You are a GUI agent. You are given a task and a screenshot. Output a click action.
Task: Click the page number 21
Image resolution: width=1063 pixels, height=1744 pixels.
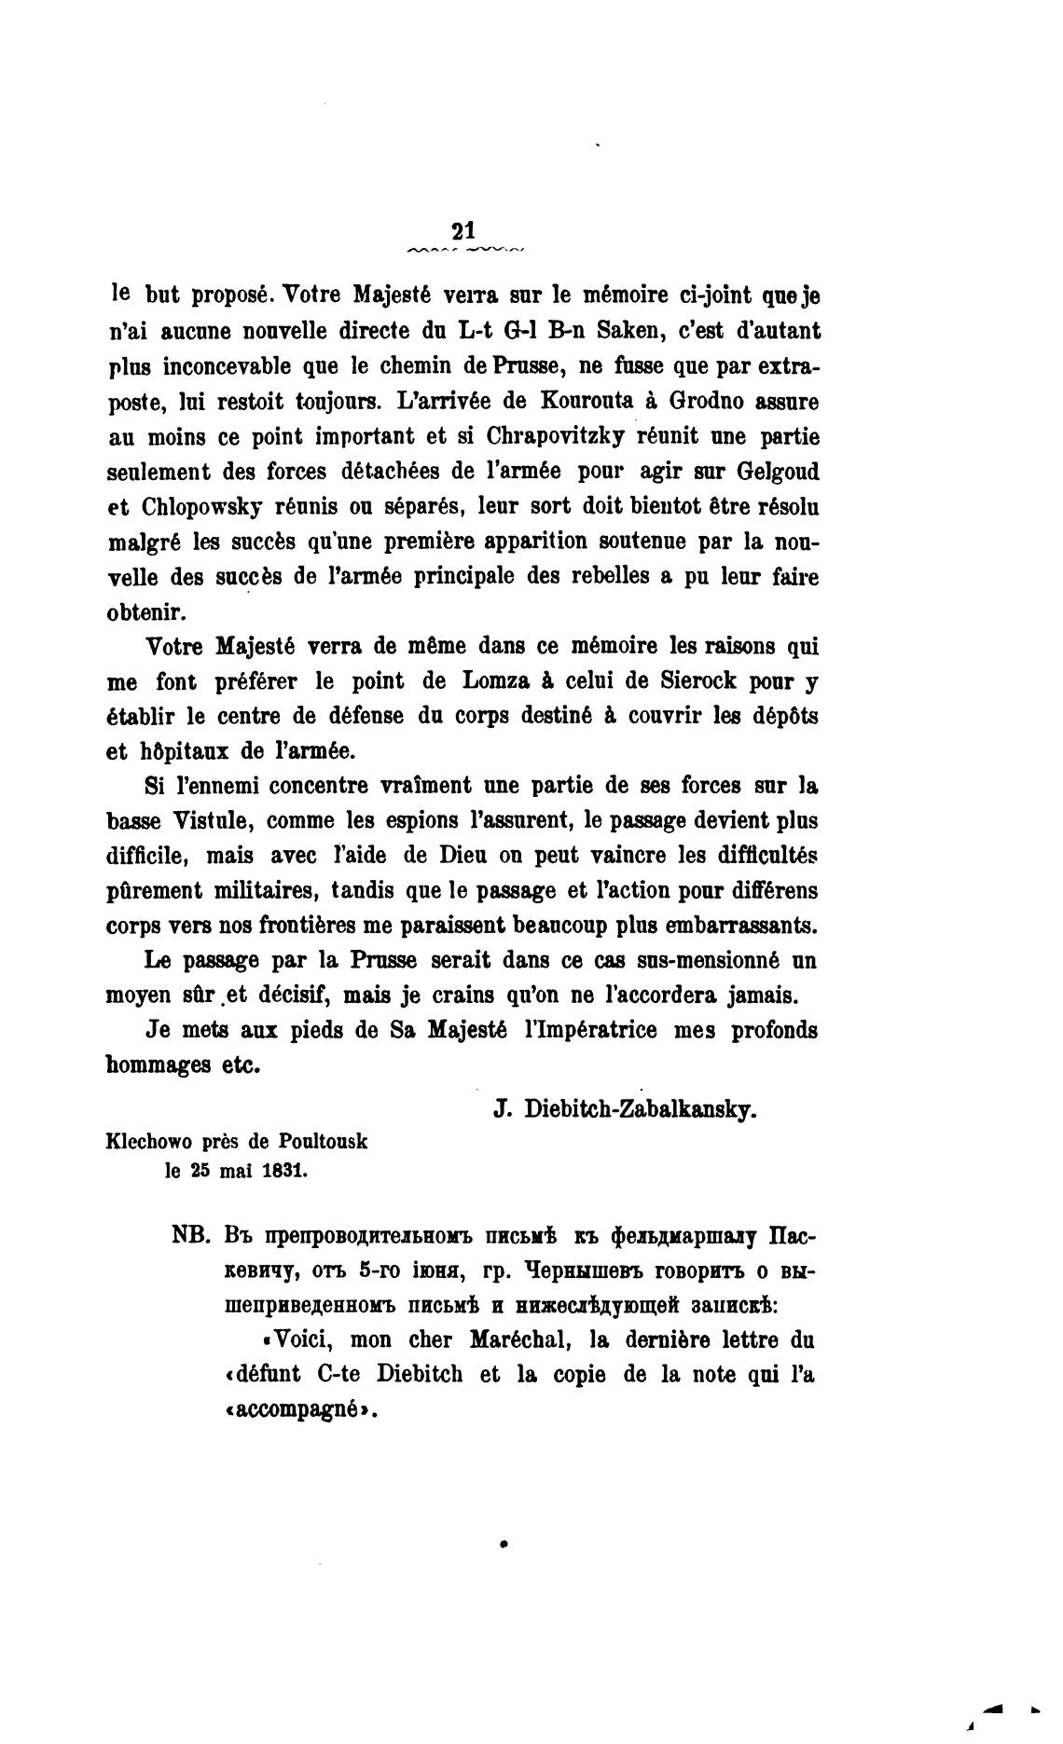coord(462,231)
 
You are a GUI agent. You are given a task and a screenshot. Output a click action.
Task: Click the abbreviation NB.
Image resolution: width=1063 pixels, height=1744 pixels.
coord(193,1237)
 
